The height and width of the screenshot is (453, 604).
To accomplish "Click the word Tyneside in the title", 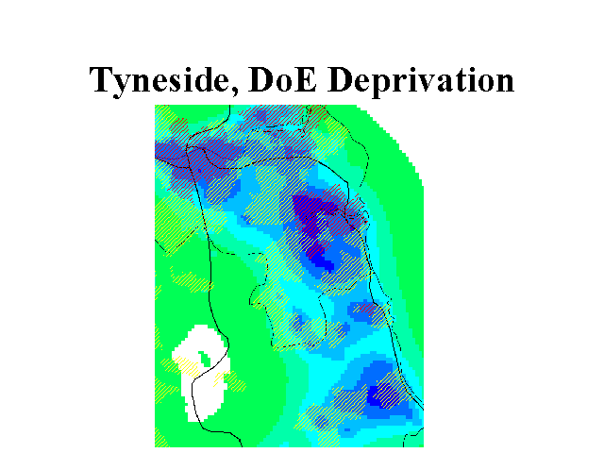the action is click(x=163, y=80).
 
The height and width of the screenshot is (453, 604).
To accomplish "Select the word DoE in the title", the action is click(x=283, y=79).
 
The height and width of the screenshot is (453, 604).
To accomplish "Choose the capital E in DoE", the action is click(x=306, y=79).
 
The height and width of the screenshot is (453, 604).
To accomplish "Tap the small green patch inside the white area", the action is click(x=205, y=359).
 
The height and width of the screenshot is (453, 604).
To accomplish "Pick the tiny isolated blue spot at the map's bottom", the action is click(x=347, y=430).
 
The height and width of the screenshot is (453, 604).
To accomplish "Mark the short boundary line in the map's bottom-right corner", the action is click(x=413, y=437).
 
